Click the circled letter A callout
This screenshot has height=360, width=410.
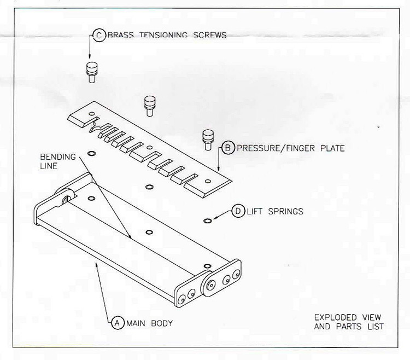tap(118, 323)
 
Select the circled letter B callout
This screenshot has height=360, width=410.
tap(228, 148)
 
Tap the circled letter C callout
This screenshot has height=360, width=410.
tap(99, 35)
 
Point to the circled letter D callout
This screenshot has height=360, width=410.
tap(238, 211)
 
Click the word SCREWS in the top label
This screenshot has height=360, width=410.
tap(210, 36)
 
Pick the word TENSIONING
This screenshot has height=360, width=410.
tap(163, 35)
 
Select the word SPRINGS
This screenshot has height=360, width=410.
tap(286, 211)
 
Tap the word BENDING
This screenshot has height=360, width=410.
tap(58, 157)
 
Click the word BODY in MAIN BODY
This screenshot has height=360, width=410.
tap(162, 323)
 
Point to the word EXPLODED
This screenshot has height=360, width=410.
tap(336, 317)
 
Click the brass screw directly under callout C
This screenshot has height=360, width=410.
tap(91, 72)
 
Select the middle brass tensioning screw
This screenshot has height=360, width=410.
tap(149, 106)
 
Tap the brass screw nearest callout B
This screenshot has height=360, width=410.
tap(208, 140)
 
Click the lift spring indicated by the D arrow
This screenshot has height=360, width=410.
tap(207, 221)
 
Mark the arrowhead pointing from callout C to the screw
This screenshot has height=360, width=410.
tap(90, 56)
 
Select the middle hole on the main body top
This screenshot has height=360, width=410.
tap(149, 233)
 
